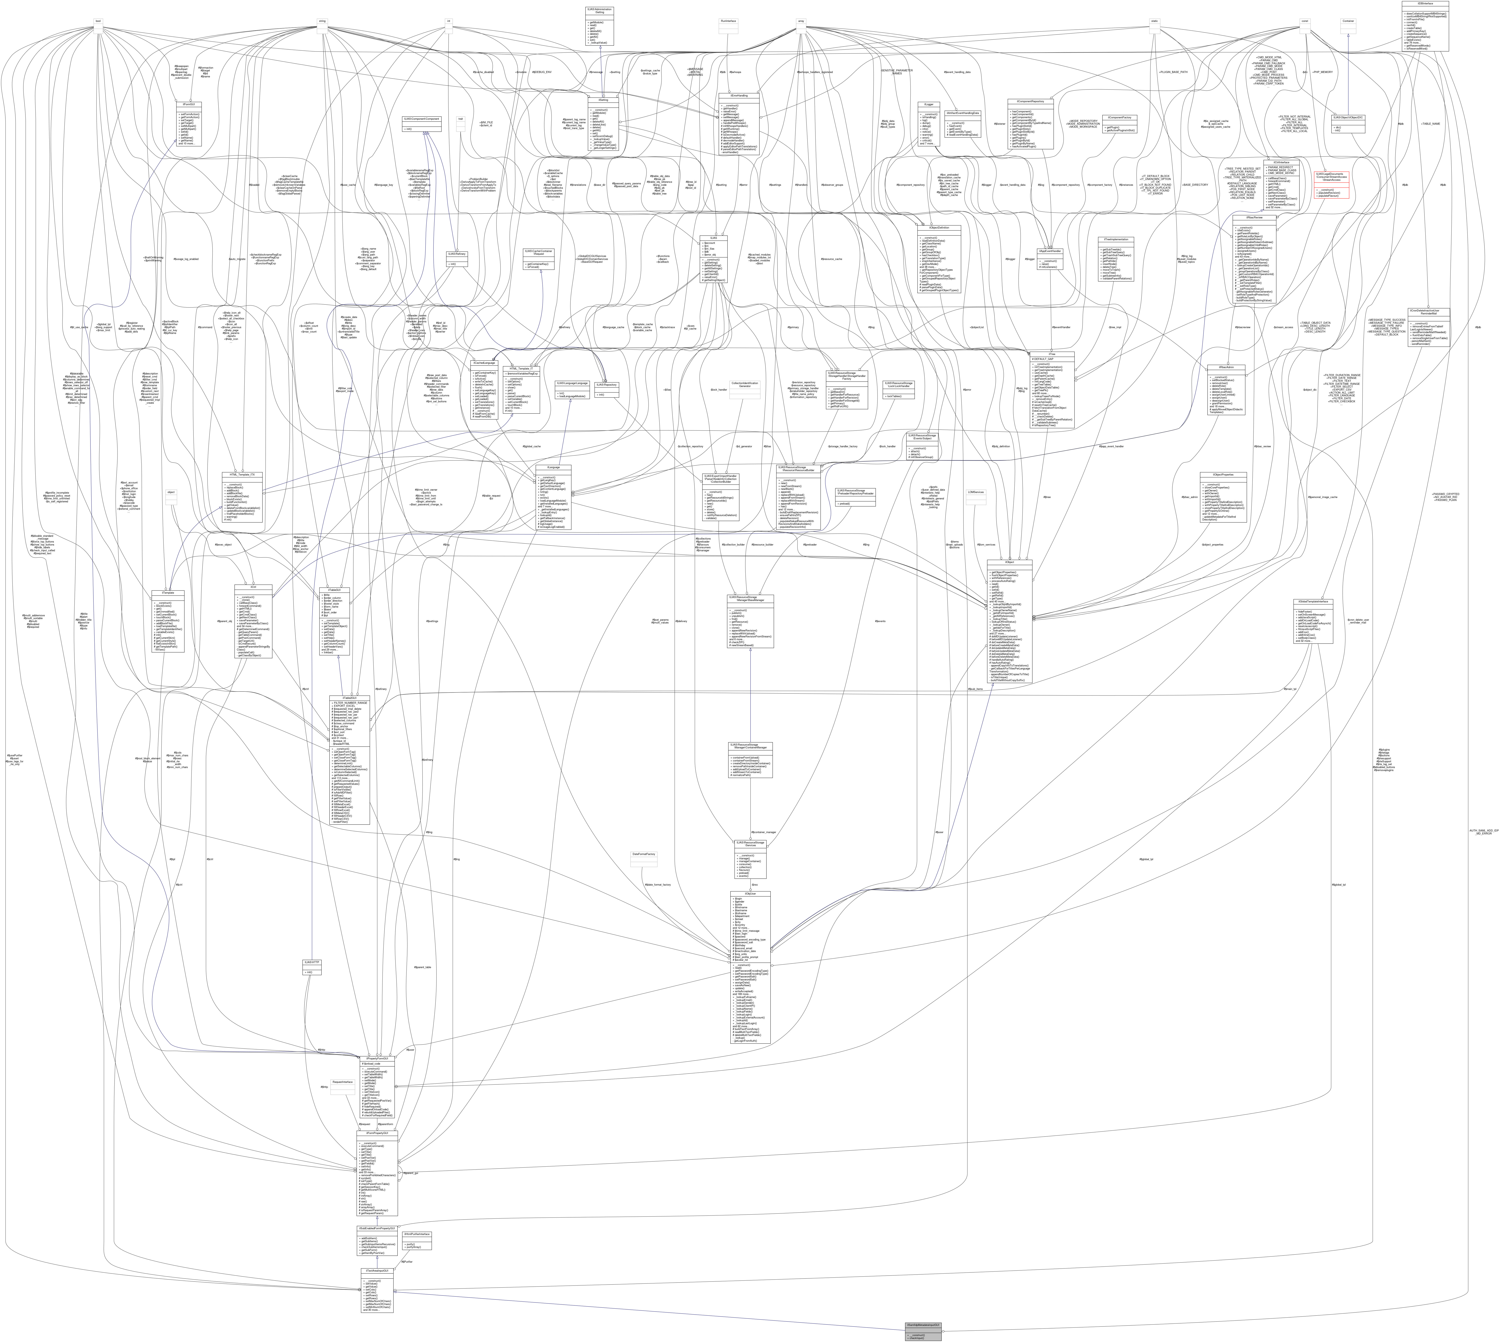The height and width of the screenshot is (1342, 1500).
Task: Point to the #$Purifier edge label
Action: click(x=406, y=1262)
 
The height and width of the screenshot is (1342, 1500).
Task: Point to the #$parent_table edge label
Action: click(x=422, y=967)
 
